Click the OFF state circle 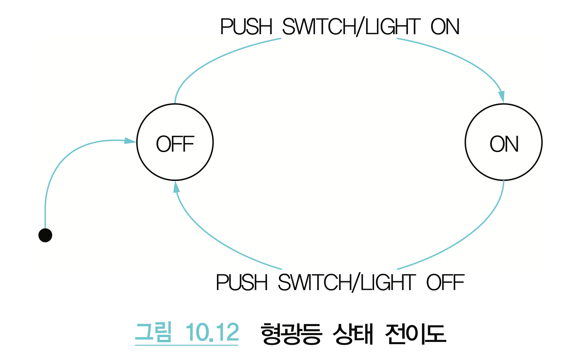175,142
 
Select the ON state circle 503,142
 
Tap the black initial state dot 45,235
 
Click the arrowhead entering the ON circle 501,97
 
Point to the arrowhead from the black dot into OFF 130,141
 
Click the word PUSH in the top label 246,27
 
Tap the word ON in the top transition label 445,27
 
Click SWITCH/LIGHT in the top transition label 351,27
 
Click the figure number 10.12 212,332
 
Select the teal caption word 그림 153,332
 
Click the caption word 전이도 415,333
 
